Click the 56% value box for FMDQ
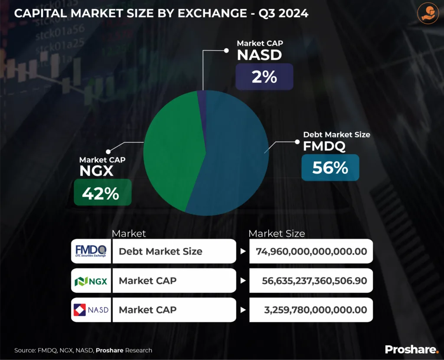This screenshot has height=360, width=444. tap(330, 167)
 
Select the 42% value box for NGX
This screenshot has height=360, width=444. tap(102, 192)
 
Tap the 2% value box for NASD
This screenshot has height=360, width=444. tap(264, 77)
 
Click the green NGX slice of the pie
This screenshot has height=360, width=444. tap(171, 147)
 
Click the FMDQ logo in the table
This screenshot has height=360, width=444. tap(91, 251)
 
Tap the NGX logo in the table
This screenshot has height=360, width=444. tap(91, 281)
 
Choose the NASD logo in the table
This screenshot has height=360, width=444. tap(91, 310)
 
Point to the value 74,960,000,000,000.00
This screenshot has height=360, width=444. tap(311, 251)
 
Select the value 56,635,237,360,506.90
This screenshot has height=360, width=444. tap(314, 281)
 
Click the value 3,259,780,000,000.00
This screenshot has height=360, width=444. tap(315, 310)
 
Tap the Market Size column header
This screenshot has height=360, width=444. tap(277, 233)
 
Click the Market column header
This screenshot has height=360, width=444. tap(129, 233)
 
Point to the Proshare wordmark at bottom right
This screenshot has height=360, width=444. tap(411, 349)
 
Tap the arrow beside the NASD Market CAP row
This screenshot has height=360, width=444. tap(243, 310)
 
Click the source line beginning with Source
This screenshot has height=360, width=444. tap(83, 350)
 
